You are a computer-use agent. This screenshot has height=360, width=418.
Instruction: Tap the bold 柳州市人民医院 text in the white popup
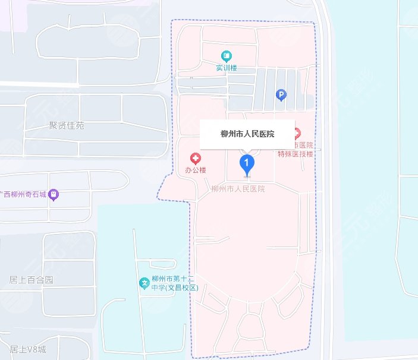[x=247, y=134]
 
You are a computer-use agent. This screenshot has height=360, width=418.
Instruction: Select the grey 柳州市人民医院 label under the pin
[x=238, y=188]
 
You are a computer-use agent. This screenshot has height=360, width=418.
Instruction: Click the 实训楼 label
[x=227, y=68]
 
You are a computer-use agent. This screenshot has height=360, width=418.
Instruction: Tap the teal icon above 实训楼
[x=227, y=56]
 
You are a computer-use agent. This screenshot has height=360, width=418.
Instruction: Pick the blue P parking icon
[x=282, y=94]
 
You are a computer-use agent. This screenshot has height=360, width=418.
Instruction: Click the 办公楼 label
[x=195, y=170]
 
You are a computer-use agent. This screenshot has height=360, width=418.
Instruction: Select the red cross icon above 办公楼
[x=195, y=158]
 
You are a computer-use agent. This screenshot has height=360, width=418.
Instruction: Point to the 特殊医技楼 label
[x=296, y=154]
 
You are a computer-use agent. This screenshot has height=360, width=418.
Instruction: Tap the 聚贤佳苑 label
[x=67, y=126]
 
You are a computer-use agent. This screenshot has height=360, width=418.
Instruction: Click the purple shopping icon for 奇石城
[x=54, y=194]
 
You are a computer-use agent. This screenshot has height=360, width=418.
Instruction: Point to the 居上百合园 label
[x=32, y=280]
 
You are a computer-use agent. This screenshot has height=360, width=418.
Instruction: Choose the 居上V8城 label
[x=27, y=349]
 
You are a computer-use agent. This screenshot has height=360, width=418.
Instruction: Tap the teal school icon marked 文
[x=143, y=283]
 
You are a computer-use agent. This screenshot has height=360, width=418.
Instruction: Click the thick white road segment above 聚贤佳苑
[x=39, y=84]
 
